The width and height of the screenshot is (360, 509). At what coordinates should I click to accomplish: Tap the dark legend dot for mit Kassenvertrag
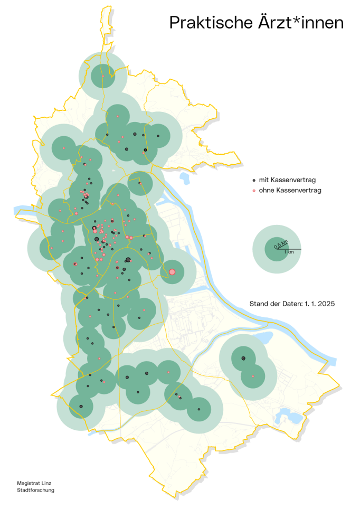(x=254, y=181)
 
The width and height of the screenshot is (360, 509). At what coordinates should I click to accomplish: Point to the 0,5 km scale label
(x=281, y=243)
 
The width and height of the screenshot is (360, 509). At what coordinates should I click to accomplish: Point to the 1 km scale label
(x=289, y=252)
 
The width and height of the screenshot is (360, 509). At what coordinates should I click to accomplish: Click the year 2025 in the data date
(x=326, y=304)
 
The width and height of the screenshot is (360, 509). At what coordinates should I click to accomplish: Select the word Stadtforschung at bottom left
(x=36, y=490)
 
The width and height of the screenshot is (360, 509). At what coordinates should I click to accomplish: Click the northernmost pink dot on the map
(x=103, y=76)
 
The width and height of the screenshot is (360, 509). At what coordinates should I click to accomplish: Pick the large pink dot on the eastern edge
(x=172, y=272)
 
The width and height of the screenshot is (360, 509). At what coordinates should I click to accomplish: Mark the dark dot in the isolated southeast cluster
(x=243, y=359)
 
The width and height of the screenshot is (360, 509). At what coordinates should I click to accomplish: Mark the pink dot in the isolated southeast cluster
(x=253, y=376)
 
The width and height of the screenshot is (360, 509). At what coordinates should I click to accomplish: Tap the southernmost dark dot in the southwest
(x=81, y=406)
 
